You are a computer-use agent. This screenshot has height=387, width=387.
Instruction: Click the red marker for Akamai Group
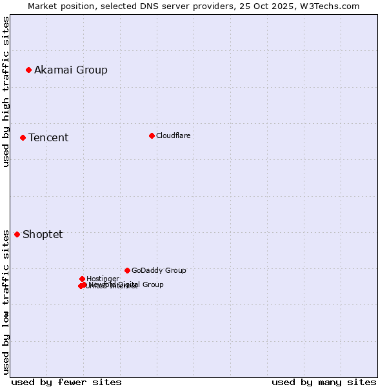(28, 70)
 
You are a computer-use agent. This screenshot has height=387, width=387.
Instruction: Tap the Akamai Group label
(71, 70)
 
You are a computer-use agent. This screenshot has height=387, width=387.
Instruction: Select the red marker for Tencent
(23, 137)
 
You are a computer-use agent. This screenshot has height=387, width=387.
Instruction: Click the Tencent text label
(48, 137)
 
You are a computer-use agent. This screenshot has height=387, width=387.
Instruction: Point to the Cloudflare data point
(152, 135)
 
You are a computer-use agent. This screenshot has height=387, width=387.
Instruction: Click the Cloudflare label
(173, 135)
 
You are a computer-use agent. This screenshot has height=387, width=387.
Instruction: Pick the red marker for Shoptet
(17, 234)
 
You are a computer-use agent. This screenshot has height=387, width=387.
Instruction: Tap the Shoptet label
(43, 234)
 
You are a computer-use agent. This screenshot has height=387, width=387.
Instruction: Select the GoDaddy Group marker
(127, 270)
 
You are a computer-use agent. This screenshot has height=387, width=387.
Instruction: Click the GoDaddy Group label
(159, 270)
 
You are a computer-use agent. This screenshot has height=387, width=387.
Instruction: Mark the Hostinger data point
(82, 279)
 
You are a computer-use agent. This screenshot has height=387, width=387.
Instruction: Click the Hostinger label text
(103, 279)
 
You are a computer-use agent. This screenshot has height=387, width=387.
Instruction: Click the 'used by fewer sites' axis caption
(66, 382)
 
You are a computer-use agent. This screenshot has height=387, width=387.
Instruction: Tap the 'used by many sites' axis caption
(324, 382)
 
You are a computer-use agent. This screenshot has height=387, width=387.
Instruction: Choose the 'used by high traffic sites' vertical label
(6, 92)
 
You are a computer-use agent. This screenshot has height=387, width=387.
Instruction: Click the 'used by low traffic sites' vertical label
(6, 302)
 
